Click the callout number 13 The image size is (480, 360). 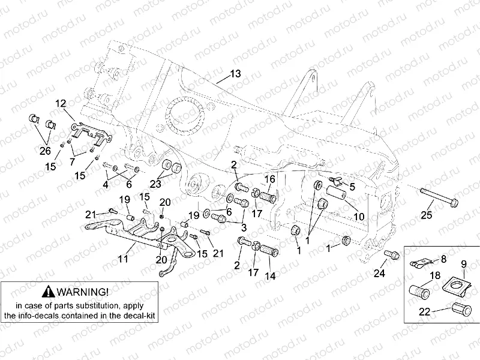235,74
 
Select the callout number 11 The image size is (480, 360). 123,259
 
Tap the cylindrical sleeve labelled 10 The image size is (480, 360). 337,196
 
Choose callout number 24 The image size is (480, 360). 379,275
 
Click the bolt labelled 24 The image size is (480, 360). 391,254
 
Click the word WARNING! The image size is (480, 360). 84,292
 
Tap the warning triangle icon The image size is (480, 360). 49,292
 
